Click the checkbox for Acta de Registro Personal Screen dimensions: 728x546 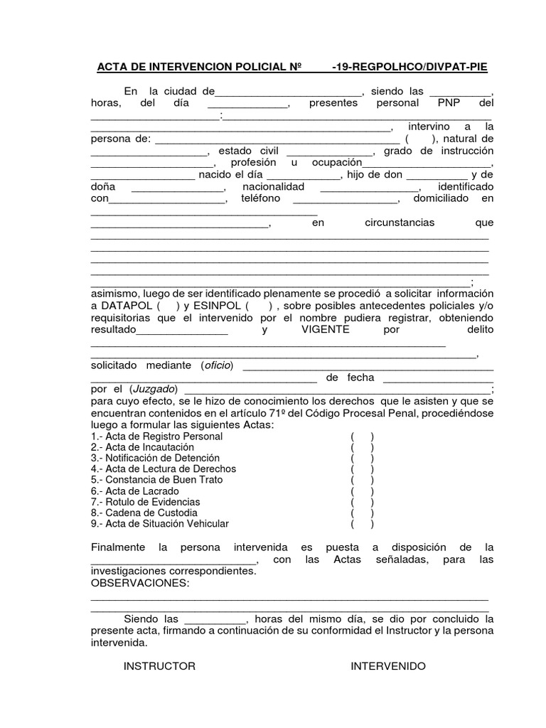[362, 436]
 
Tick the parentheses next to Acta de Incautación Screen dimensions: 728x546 [362, 447]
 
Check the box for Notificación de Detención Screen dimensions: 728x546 [362, 458]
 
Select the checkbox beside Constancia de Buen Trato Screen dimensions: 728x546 [362, 480]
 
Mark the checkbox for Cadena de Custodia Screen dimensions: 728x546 [362, 513]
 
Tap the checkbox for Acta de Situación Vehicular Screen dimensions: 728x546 [362, 523]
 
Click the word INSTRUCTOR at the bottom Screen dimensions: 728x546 [159, 666]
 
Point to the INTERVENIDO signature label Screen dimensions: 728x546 [387, 666]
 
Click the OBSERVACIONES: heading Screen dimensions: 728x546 [140, 583]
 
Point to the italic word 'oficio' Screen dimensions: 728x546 [218, 365]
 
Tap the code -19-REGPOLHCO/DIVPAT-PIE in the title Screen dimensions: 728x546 [410, 68]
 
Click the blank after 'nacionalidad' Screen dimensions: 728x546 [370, 188]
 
